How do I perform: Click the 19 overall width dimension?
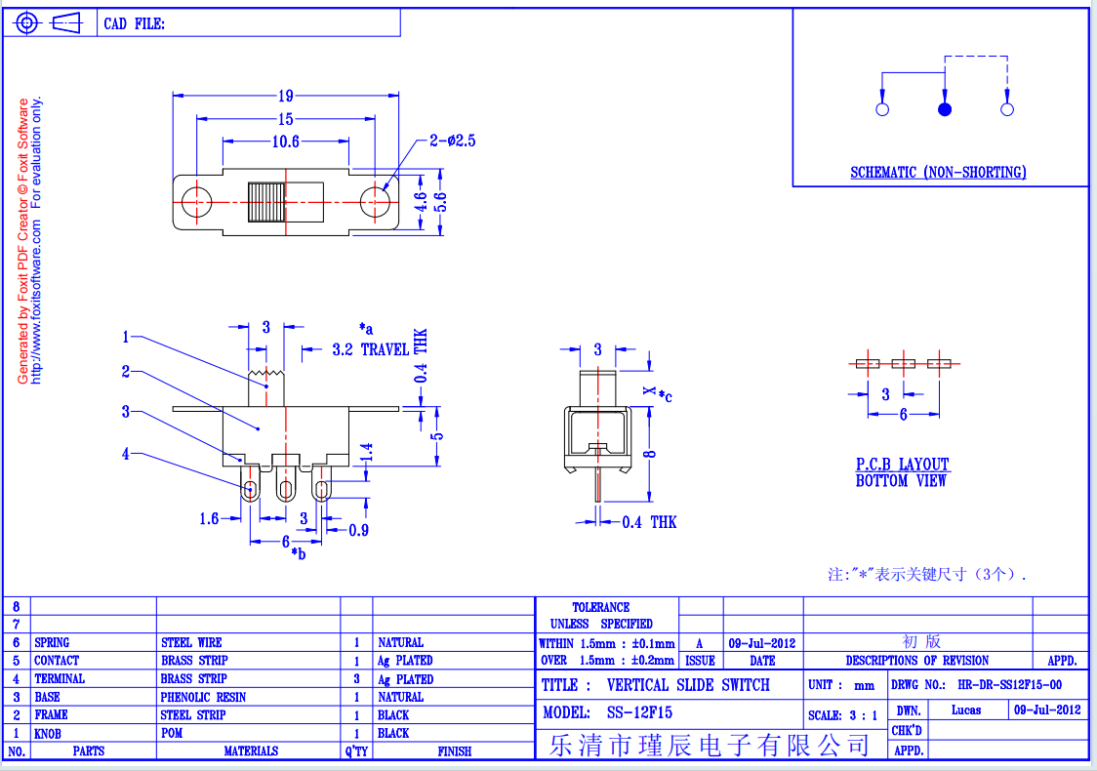pyautogui.click(x=285, y=96)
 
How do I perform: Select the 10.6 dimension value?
pyautogui.click(x=285, y=142)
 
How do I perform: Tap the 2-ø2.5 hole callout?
pyautogui.click(x=453, y=141)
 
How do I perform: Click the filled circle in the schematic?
pyautogui.click(x=945, y=109)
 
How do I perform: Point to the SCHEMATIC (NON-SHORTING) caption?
pyautogui.click(x=938, y=172)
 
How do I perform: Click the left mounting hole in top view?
pyautogui.click(x=196, y=201)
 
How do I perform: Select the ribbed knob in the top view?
pyautogui.click(x=266, y=202)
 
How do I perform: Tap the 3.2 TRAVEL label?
pyautogui.click(x=371, y=349)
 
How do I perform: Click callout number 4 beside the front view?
pyautogui.click(x=126, y=454)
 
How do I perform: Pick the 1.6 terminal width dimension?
pyautogui.click(x=209, y=518)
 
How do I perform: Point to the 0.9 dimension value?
pyautogui.click(x=359, y=530)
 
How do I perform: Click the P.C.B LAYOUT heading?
pyautogui.click(x=903, y=464)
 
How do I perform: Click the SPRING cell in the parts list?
pyautogui.click(x=52, y=642)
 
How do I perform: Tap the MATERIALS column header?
pyautogui.click(x=251, y=751)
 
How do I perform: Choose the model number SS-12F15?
pyautogui.click(x=639, y=712)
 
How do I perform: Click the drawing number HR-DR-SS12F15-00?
pyautogui.click(x=1009, y=685)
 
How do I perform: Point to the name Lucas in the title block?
pyautogui.click(x=966, y=710)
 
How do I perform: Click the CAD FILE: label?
pyautogui.click(x=135, y=23)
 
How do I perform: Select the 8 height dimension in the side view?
pyautogui.click(x=650, y=454)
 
